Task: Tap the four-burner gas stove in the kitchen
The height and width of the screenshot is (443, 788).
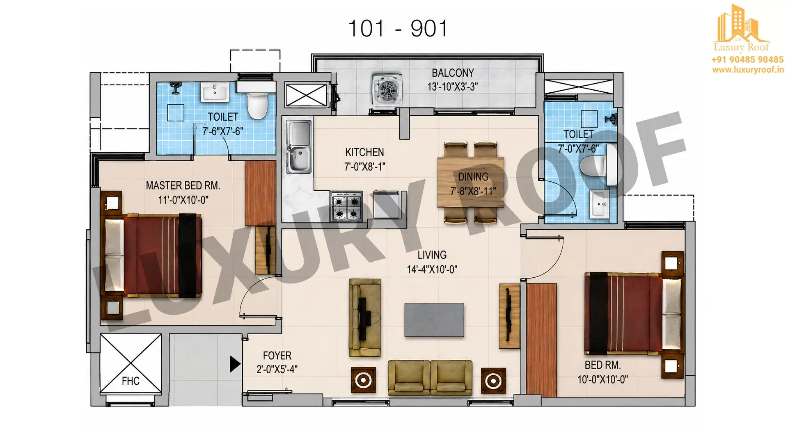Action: coord(347,207)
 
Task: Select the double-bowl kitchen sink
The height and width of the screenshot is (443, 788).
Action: coord(298,146)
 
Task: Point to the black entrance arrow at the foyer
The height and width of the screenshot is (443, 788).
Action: coord(235,364)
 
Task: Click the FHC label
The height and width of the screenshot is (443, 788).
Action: coord(131,381)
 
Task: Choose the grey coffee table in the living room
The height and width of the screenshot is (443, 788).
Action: coord(434,320)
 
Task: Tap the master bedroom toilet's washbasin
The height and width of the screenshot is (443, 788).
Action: coord(214,92)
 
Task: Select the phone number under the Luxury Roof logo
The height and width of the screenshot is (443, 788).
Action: coord(747,59)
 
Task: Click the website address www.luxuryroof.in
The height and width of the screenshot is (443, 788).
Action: coord(748,70)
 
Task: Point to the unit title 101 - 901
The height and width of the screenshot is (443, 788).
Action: coord(398,29)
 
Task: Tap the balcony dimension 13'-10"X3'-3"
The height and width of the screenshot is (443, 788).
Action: coord(453,87)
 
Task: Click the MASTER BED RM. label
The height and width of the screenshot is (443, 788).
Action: coord(183,186)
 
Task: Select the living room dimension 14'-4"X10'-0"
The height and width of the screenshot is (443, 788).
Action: coord(432,269)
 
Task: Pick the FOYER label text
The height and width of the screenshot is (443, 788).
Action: coord(277,356)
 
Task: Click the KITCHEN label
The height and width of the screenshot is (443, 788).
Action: coord(364,152)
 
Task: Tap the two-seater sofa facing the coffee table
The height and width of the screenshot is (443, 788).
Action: coord(430,378)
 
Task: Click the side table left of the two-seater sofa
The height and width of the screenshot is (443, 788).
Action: coord(363,380)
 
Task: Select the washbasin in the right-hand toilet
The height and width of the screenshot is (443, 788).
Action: coord(600,204)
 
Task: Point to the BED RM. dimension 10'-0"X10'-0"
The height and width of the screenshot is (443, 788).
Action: coord(602,380)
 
